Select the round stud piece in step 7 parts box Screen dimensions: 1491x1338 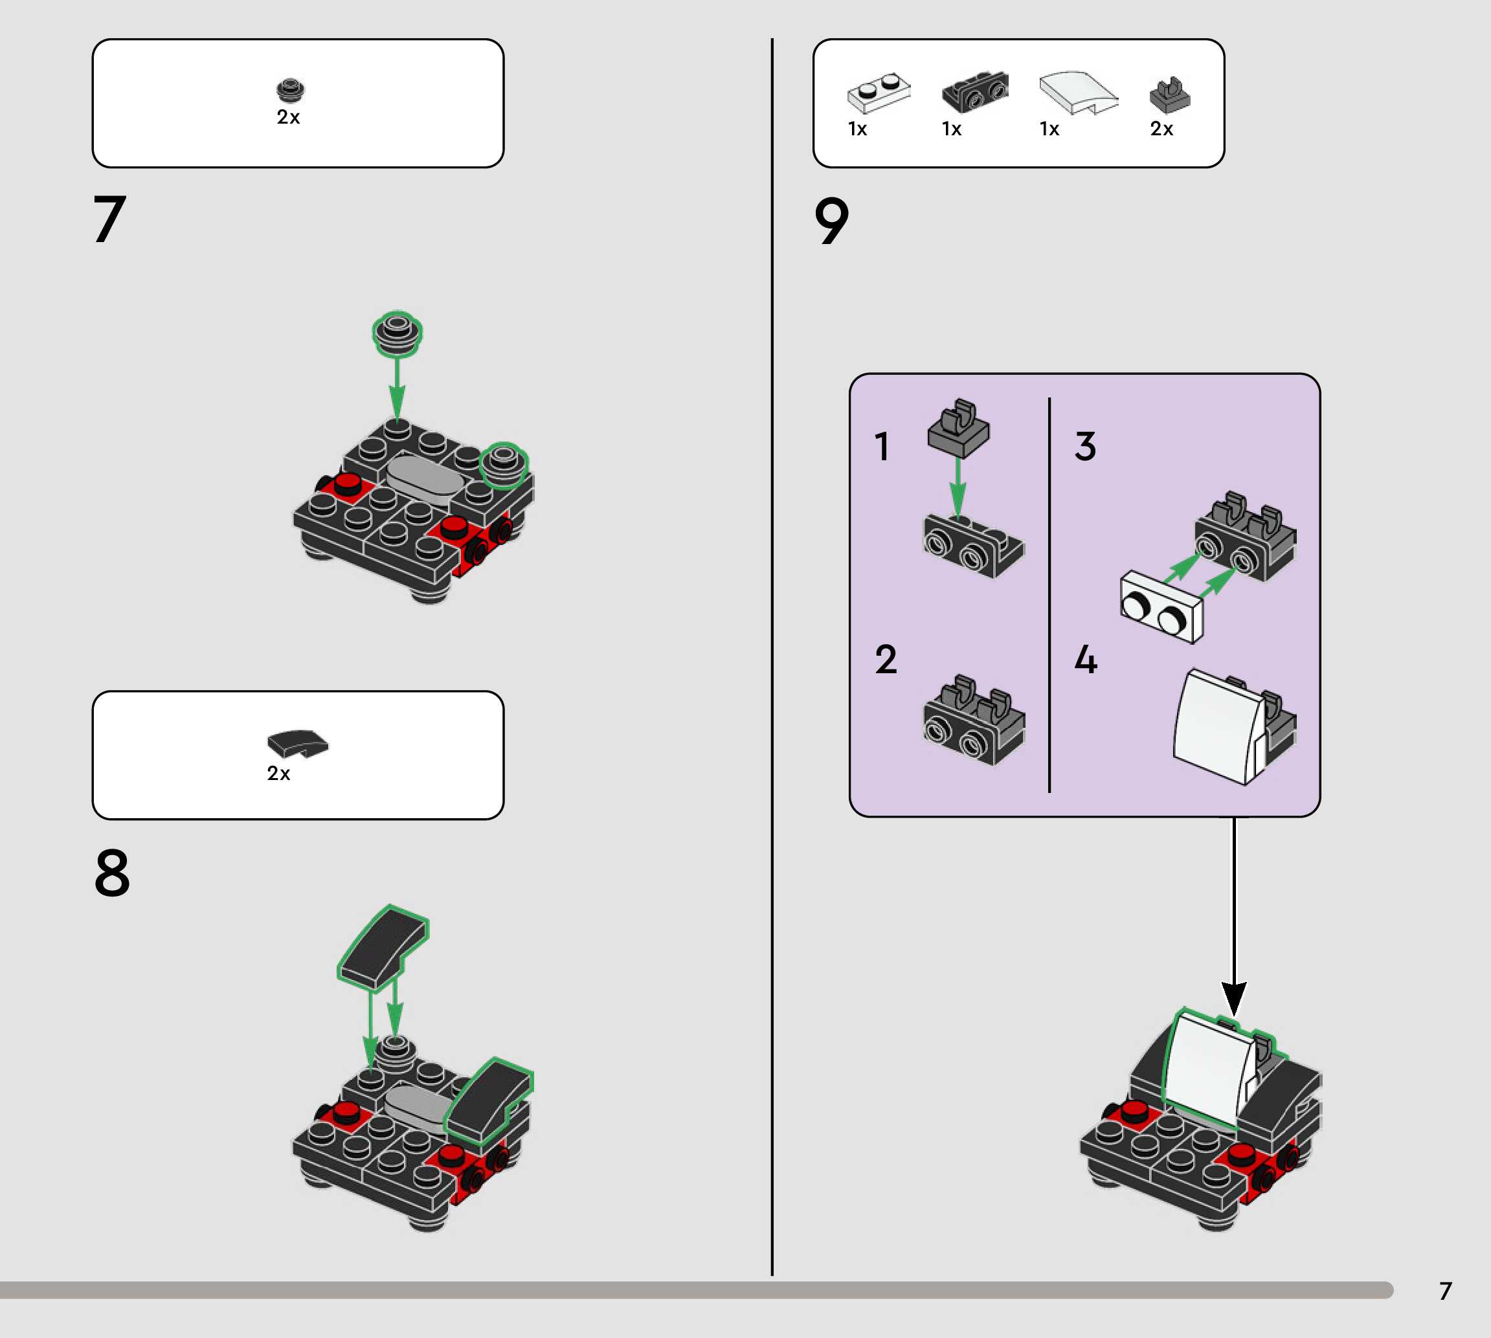pyautogui.click(x=289, y=90)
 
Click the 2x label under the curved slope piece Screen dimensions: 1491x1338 pyautogui.click(x=278, y=774)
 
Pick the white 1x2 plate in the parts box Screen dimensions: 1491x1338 pyautogui.click(x=879, y=93)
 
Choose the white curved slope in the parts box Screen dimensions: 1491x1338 pyautogui.click(x=1078, y=93)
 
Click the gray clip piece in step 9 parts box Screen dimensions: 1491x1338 pyautogui.click(x=1169, y=95)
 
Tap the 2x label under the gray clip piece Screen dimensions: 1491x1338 pyautogui.click(x=1161, y=129)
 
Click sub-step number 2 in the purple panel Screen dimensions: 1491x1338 pyautogui.click(x=886, y=659)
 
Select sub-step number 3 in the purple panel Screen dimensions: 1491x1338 pyautogui.click(x=1085, y=446)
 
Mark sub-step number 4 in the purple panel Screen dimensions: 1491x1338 pyautogui.click(x=1086, y=659)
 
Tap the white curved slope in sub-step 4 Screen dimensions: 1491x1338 pyautogui.click(x=1220, y=726)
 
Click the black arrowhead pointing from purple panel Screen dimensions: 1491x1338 pyautogui.click(x=1234, y=998)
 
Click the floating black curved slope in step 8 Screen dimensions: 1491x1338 pyautogui.click(x=383, y=948)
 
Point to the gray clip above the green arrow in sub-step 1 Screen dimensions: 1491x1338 pyautogui.click(x=959, y=428)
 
